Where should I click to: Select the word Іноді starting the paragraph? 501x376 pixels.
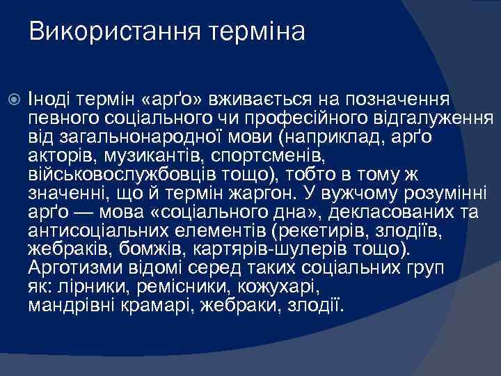pyautogui.click(x=48, y=98)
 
